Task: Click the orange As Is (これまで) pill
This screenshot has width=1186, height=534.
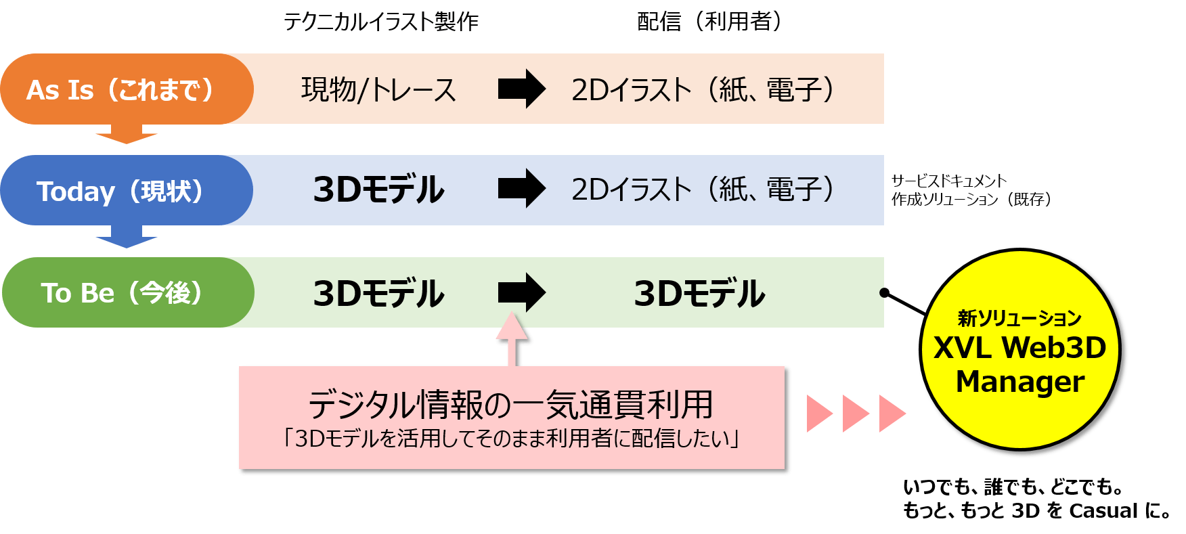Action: click(127, 89)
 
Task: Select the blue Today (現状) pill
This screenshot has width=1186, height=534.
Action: click(127, 191)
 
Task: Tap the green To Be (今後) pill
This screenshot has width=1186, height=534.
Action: click(127, 292)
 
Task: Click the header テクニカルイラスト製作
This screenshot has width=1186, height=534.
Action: click(381, 22)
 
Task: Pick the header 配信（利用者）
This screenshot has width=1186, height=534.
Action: click(715, 22)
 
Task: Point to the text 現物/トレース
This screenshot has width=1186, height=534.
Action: click(378, 89)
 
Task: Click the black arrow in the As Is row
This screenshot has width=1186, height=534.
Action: click(521, 89)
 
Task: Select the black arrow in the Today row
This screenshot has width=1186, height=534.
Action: click(521, 189)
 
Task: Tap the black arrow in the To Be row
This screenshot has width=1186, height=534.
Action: click(521, 292)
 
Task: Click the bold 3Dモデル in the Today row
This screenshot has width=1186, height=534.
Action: click(378, 190)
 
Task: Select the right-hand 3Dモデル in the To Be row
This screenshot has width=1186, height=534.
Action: click(699, 293)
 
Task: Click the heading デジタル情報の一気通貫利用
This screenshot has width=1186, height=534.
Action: click(511, 405)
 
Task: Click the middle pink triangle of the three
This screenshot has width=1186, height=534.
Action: click(856, 414)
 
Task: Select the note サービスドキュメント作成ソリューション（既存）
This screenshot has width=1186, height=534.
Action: click(969, 190)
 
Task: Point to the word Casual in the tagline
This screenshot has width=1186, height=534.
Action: click(1103, 510)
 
